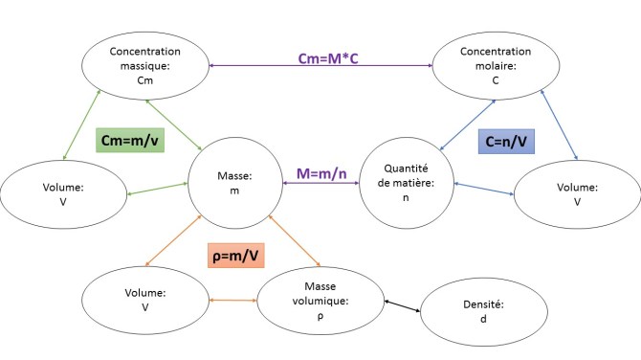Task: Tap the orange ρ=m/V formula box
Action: click(235, 256)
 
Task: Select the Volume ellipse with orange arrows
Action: click(145, 301)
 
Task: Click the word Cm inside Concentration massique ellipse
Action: click(144, 80)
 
